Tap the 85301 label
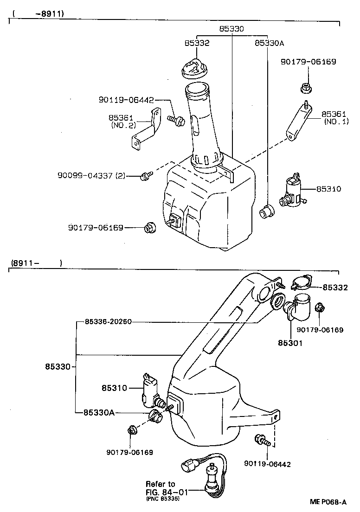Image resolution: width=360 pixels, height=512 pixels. (x=290, y=344)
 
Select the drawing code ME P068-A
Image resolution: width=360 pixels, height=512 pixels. (x=328, y=502)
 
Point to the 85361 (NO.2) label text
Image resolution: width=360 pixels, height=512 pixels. (x=122, y=122)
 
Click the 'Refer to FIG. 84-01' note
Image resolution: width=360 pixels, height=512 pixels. (x=161, y=488)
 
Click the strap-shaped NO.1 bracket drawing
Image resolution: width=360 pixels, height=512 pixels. (x=298, y=122)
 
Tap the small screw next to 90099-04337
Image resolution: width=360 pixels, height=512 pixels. (x=146, y=176)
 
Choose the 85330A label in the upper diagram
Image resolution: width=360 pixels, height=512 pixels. (x=269, y=43)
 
